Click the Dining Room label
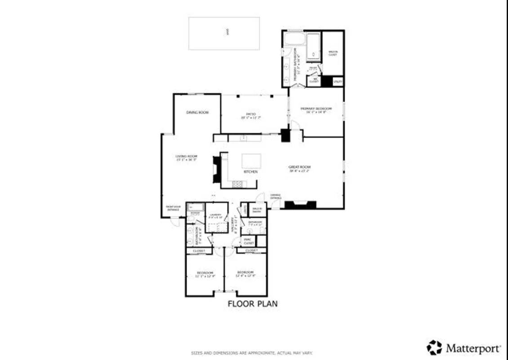click(x=198, y=112)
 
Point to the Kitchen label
click(x=250, y=172)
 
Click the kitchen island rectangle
click(x=251, y=161)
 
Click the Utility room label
click(x=338, y=82)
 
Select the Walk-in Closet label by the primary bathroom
click(x=333, y=53)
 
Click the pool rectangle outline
click(x=224, y=33)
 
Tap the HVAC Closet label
click(x=249, y=241)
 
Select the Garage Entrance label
click(x=276, y=197)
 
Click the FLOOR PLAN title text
click(x=252, y=304)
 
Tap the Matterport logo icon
click(x=434, y=348)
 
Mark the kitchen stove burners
click(x=236, y=183)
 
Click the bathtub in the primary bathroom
click(x=313, y=47)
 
